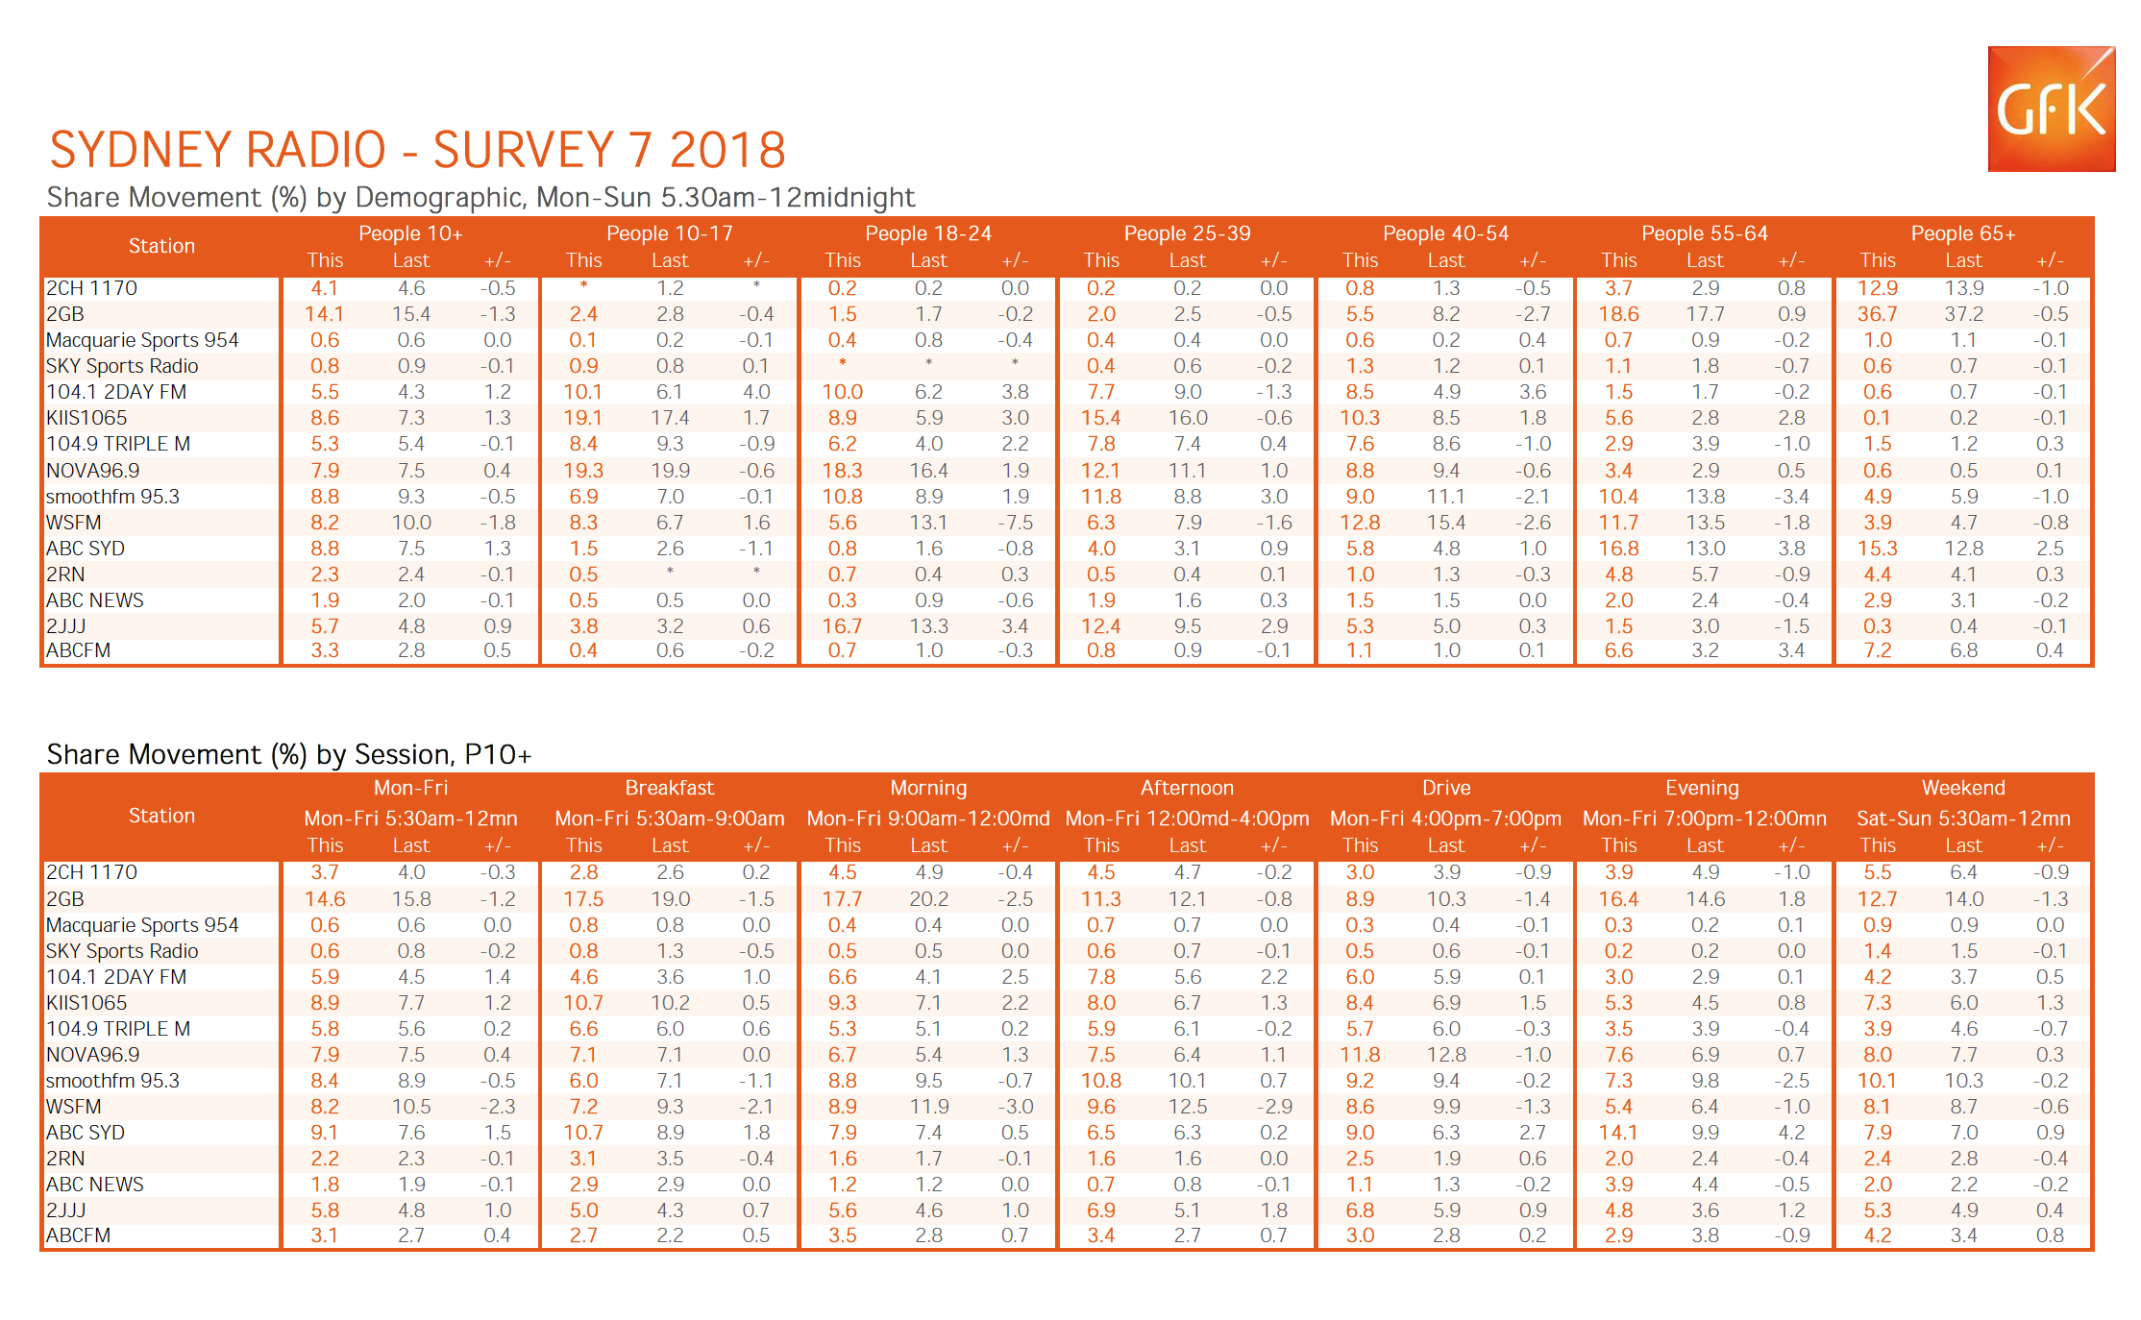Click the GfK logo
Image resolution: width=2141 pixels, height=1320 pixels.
tap(2051, 109)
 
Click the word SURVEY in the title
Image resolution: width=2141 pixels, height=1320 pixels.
tap(523, 150)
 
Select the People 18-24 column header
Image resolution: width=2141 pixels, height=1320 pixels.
tap(928, 233)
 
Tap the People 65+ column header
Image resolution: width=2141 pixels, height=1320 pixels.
tap(1963, 233)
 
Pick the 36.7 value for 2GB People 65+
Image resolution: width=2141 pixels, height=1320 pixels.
tap(1877, 314)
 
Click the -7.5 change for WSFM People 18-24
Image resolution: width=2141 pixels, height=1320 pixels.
tap(1015, 523)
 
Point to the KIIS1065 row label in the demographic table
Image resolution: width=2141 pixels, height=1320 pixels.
tap(86, 418)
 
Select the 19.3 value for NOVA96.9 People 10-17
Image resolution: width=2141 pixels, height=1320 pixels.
tap(583, 471)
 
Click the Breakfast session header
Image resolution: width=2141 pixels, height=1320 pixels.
tap(670, 788)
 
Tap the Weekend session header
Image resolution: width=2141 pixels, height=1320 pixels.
tap(1963, 788)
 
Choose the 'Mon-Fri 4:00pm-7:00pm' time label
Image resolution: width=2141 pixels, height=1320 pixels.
tap(1445, 819)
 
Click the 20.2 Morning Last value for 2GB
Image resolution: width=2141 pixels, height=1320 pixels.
tap(928, 899)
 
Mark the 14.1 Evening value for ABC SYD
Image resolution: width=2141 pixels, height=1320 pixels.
tap(1618, 1133)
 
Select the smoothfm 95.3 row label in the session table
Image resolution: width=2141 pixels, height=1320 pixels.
tap(112, 1081)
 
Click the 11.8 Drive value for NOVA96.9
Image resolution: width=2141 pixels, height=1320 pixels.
tap(1360, 1055)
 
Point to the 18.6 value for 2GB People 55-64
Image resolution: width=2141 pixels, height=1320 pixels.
tap(1618, 314)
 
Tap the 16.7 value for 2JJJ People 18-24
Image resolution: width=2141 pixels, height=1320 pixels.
tap(842, 626)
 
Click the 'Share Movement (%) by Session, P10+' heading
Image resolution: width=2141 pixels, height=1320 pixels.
tap(289, 754)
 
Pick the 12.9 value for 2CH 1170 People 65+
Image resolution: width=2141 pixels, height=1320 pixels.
tap(1877, 288)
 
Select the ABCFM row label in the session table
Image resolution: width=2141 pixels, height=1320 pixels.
tap(78, 1235)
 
